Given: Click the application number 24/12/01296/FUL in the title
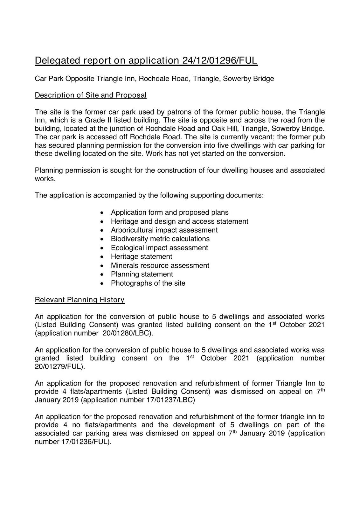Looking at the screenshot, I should (x=220, y=60).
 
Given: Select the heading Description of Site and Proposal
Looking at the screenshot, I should (x=91, y=95).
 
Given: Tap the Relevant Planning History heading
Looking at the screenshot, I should (x=80, y=300).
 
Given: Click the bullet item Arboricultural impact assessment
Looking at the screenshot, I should (x=164, y=230).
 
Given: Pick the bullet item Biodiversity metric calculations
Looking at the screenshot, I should (x=160, y=239).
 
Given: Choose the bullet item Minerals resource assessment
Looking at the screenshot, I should (x=160, y=265).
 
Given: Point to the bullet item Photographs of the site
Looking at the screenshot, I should (x=148, y=283).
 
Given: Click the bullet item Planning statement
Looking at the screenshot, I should (x=142, y=274).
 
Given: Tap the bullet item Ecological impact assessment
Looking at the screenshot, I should (x=159, y=248).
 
